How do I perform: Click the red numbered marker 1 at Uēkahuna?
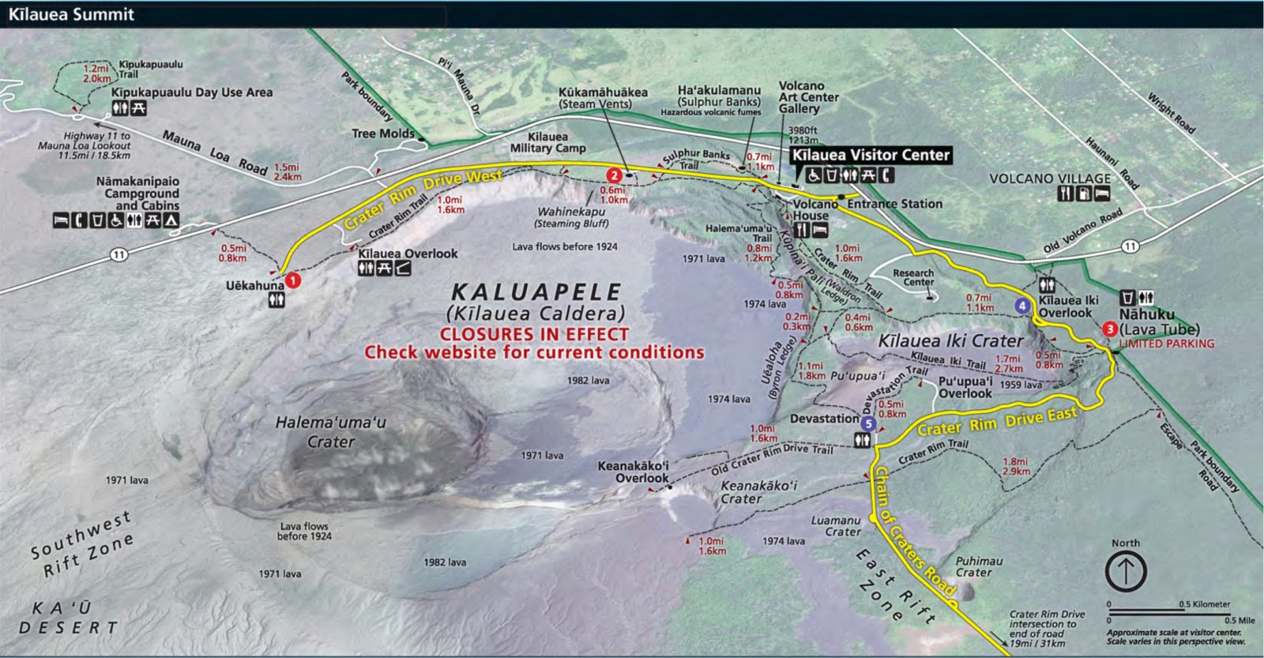point(293,280)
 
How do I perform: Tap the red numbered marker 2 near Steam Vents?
point(613,175)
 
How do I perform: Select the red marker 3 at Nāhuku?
point(1110,329)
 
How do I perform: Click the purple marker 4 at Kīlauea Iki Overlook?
point(1022,306)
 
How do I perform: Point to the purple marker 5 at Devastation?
point(868,424)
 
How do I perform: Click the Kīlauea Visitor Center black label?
point(871,155)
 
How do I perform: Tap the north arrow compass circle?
point(1126,570)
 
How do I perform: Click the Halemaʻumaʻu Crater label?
point(330,432)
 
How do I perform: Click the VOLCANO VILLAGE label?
point(1050,179)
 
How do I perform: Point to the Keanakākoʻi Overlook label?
point(634,472)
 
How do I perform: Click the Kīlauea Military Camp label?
point(547,142)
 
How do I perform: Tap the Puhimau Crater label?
point(979,566)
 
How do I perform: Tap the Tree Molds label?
point(383,133)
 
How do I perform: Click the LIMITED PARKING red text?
point(1166,344)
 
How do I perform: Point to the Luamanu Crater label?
point(837,526)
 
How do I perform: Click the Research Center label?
point(913,277)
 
